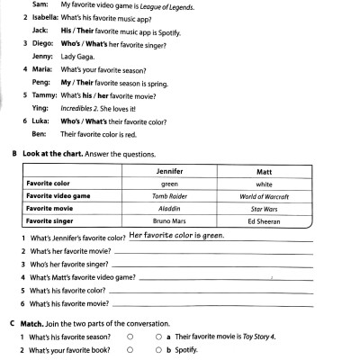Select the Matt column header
click(265, 170)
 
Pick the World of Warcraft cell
click(265, 195)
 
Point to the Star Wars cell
click(265, 208)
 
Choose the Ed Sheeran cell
click(265, 220)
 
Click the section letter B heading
click(13, 154)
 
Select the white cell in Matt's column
click(265, 183)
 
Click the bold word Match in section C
click(32, 322)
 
